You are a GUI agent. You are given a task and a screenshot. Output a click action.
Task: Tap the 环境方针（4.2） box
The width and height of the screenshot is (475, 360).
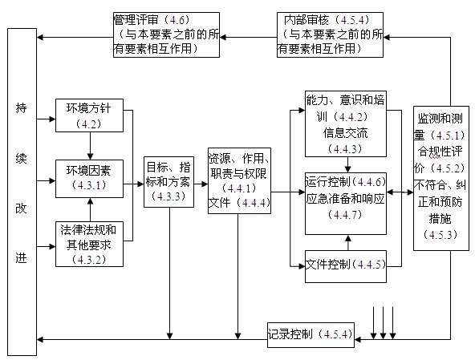point(89,115)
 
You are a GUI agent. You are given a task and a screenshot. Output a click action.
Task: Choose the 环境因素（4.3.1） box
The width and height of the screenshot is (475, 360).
point(89,178)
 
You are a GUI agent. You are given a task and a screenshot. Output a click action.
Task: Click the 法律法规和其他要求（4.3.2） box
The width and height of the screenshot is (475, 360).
point(90,245)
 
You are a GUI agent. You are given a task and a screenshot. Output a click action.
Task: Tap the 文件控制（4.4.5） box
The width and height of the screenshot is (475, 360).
point(345,265)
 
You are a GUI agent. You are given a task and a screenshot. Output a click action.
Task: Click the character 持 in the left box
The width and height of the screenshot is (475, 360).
point(22,108)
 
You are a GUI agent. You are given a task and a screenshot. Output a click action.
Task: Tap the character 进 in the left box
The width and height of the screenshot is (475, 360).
point(22,258)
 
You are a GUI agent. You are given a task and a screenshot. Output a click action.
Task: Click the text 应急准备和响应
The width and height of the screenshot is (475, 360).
point(346,198)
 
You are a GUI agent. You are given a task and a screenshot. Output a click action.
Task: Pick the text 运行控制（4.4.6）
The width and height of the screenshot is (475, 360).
point(346,183)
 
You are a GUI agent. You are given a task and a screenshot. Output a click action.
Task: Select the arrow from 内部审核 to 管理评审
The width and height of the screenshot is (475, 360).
point(249,35)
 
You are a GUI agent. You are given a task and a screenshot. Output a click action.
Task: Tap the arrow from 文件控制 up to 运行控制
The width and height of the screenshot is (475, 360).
point(347,242)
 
